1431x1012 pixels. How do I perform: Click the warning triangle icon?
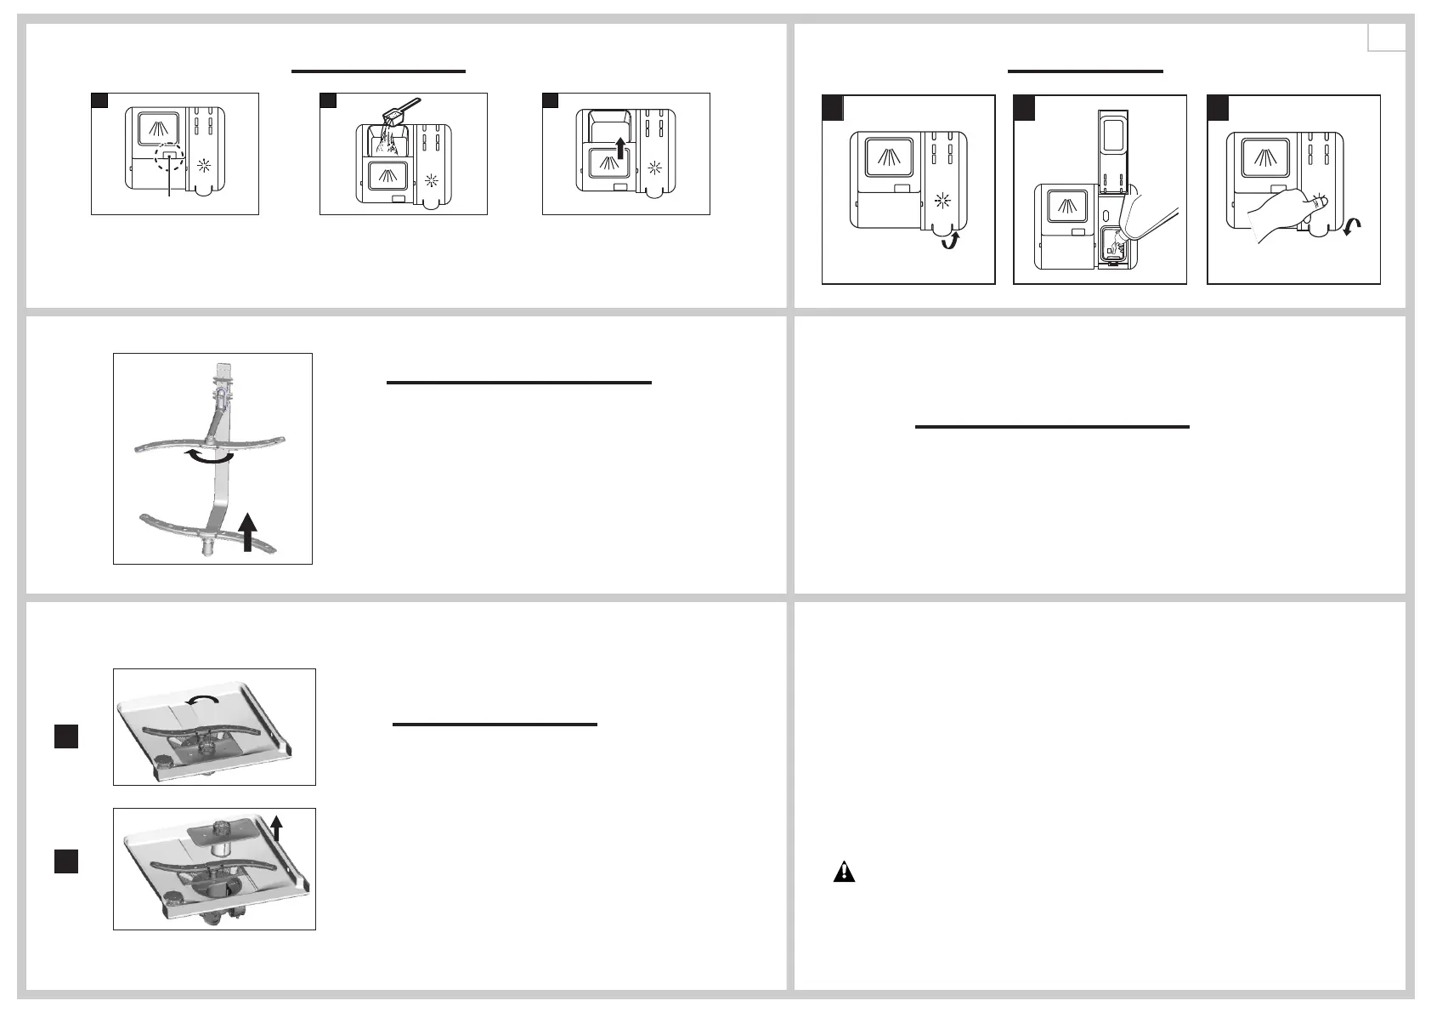coord(844,872)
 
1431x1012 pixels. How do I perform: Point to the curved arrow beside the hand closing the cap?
coord(1351,226)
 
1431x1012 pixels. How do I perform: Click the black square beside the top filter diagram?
coord(66,736)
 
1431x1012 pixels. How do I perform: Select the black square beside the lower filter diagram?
coord(66,861)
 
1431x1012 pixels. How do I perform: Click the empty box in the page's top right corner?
coord(1386,37)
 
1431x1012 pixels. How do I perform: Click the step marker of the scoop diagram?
coord(329,101)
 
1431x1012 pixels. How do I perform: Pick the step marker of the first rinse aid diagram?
coord(833,108)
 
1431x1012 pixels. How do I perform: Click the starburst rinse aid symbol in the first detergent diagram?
coord(204,166)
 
